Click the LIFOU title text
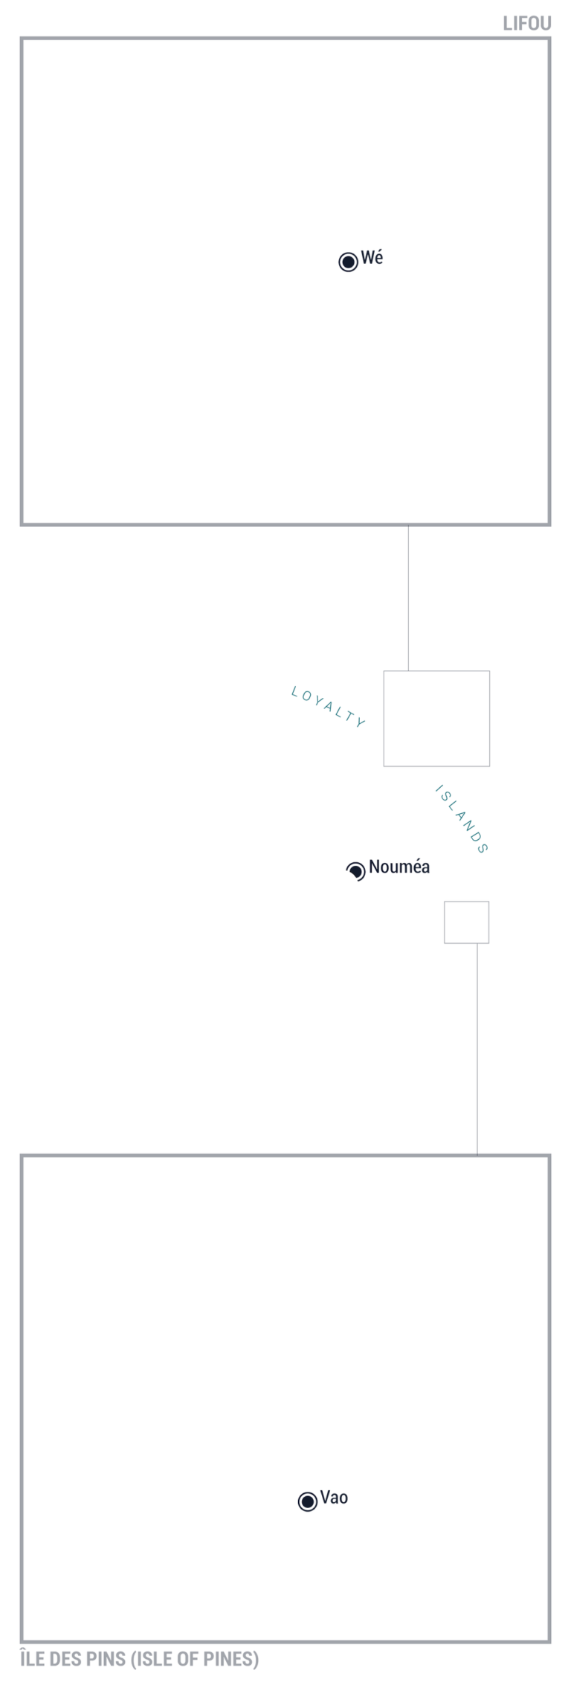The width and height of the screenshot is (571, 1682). click(526, 24)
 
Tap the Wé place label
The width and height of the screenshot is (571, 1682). click(372, 258)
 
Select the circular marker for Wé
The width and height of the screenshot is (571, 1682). click(348, 262)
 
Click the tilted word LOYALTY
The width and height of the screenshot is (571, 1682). click(329, 707)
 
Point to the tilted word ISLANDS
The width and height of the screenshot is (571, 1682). click(461, 819)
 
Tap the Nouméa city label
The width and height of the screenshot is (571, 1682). click(399, 867)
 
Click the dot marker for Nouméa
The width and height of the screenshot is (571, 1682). click(355, 871)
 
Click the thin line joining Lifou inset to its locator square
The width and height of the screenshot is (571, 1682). click(408, 598)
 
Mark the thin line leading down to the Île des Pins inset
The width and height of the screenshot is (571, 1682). click(477, 1049)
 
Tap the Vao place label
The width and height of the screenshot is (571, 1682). click(334, 1498)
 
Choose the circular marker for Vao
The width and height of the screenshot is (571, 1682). click(307, 1501)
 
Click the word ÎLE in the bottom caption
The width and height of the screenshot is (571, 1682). click(33, 1658)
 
